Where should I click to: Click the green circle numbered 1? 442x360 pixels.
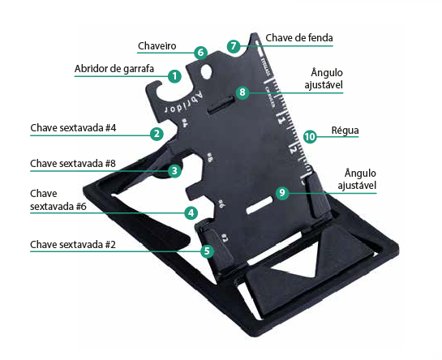click(174, 76)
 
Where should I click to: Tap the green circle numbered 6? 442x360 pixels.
click(200, 53)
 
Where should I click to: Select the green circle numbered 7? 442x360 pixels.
click(234, 46)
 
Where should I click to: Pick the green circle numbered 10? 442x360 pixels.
click(310, 137)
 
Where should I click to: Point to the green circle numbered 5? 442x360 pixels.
click(207, 251)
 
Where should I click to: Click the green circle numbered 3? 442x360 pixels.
click(174, 170)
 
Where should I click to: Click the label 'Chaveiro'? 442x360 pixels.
click(157, 46)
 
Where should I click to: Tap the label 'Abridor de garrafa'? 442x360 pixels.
click(114, 69)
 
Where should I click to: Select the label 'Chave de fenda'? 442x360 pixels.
click(299, 38)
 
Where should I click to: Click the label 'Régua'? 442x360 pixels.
click(345, 131)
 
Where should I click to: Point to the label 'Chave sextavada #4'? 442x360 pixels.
click(73, 128)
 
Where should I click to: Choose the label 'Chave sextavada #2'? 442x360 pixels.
click(73, 244)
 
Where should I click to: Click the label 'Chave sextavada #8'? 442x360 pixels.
click(73, 164)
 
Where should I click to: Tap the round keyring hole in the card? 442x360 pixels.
click(206, 71)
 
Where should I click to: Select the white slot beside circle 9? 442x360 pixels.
click(260, 205)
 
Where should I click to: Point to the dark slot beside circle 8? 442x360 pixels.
click(221, 105)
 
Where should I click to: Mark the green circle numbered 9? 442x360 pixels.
click(282, 193)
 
